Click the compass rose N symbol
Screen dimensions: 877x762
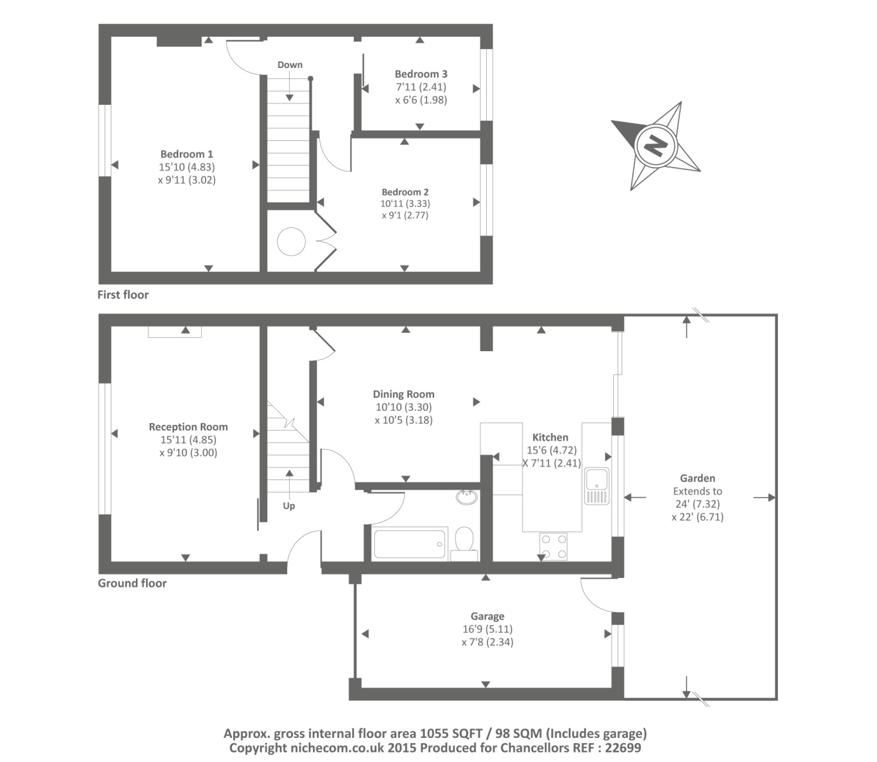(655, 146)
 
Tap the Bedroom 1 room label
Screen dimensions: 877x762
(187, 154)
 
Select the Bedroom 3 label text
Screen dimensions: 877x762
(421, 74)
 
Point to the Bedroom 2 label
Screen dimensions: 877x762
(405, 192)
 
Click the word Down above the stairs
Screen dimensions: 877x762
(290, 65)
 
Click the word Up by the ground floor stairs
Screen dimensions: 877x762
(289, 506)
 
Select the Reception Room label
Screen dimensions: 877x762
(188, 427)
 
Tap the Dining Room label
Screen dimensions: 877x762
(404, 394)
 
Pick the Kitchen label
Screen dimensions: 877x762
(550, 438)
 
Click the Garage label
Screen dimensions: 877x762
(487, 616)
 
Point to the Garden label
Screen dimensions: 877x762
(697, 479)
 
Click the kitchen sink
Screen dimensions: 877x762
(597, 486)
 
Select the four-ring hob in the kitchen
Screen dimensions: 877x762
(553, 546)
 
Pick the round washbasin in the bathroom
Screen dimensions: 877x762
(467, 497)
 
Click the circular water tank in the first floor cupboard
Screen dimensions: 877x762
(291, 242)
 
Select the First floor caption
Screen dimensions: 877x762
(123, 295)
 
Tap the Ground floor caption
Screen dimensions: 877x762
(132, 584)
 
